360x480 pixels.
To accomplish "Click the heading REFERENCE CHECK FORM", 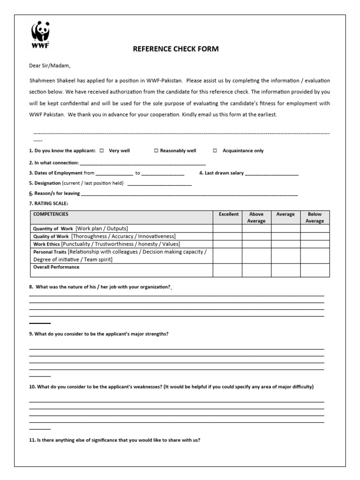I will [x=176, y=49].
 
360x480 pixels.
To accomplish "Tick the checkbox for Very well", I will [x=102, y=151].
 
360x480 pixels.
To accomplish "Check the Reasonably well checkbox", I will [x=156, y=151].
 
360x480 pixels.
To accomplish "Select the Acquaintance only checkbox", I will [x=215, y=151].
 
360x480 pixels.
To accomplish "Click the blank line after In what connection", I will [x=143, y=164].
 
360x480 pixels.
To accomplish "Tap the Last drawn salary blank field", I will [x=271, y=173].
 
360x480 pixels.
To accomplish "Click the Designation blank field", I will [x=159, y=184].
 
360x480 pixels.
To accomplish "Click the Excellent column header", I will [x=228, y=214].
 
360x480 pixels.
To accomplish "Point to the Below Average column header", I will [x=315, y=217].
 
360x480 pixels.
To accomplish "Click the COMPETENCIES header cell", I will [x=51, y=214].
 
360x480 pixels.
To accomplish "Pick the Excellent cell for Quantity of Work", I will [x=228, y=228].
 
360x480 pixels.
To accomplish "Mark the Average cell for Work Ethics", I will [x=285, y=244].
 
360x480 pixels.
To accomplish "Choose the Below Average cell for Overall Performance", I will [x=315, y=270].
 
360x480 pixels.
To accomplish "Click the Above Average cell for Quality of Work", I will [x=256, y=236].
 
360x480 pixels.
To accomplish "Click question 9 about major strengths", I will [x=99, y=334].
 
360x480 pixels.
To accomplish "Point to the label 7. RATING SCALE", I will [x=49, y=203].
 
